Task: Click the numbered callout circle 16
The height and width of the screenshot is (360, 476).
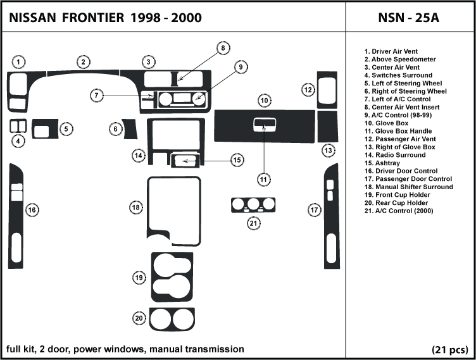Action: click(31, 209)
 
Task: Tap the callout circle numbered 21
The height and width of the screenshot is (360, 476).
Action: click(253, 222)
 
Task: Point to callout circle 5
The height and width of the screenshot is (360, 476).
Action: click(66, 129)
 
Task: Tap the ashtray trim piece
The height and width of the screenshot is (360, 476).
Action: click(184, 161)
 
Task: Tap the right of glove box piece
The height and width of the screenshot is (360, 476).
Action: click(326, 128)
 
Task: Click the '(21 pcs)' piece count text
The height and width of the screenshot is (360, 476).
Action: click(450, 349)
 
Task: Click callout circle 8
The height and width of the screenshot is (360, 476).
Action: click(223, 48)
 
